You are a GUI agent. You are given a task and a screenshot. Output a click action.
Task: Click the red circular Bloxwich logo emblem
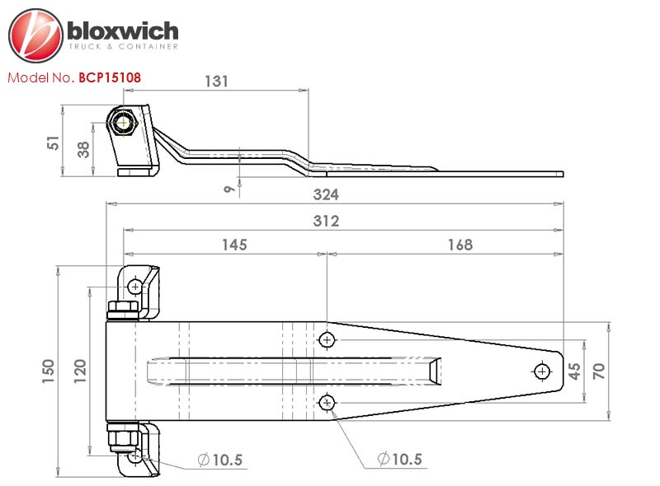pos(35,35)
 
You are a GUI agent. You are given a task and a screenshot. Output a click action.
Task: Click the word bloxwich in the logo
pos(122,30)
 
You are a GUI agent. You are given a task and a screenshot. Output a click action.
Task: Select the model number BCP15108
pos(110,77)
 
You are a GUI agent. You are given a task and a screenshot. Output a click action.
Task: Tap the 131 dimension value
pos(216,82)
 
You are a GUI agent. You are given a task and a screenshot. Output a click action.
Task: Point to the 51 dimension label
pos(54,143)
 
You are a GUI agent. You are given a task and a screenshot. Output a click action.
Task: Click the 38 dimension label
pos(83,150)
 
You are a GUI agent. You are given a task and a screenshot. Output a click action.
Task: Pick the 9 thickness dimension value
pos(229,189)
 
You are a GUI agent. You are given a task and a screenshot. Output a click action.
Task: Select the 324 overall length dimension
pos(326,194)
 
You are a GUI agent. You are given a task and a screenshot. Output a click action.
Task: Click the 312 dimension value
pos(326,221)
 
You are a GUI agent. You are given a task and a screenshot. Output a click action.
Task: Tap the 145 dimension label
pos(234,245)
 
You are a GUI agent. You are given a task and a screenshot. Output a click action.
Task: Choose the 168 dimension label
pos(460,245)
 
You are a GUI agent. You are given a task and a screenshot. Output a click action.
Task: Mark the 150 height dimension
pos(48,371)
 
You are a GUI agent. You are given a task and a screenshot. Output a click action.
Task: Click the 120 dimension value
pos(80,371)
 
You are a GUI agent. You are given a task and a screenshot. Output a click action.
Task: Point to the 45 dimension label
pos(574,372)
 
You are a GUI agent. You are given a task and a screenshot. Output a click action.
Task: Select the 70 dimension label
pos(599,372)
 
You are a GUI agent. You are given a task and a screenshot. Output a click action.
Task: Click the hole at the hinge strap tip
pos(542,372)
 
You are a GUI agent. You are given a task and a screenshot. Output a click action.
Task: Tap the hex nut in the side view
pos(122,123)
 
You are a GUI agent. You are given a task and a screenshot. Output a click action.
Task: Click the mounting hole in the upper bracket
pos(135,287)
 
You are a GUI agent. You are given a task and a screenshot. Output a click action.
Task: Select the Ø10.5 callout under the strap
pos(399,459)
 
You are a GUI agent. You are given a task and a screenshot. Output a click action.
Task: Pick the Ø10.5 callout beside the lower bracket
pos(219,460)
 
